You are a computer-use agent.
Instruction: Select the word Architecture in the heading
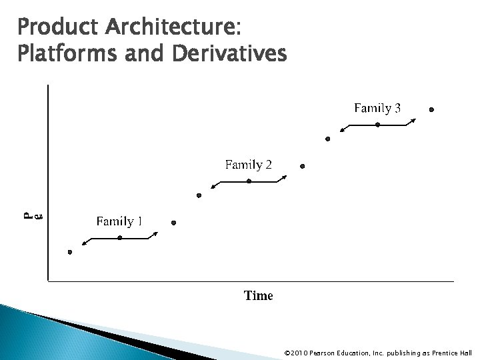(168, 29)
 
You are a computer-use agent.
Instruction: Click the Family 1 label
(119, 221)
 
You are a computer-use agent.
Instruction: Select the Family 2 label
(248, 164)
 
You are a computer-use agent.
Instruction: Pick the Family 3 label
(377, 107)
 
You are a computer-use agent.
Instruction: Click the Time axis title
(258, 295)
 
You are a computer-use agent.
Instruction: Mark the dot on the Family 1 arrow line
(119, 238)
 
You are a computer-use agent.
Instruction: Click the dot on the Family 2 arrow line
(249, 181)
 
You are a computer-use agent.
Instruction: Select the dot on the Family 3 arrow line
(377, 125)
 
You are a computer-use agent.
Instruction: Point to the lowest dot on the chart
(70, 252)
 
